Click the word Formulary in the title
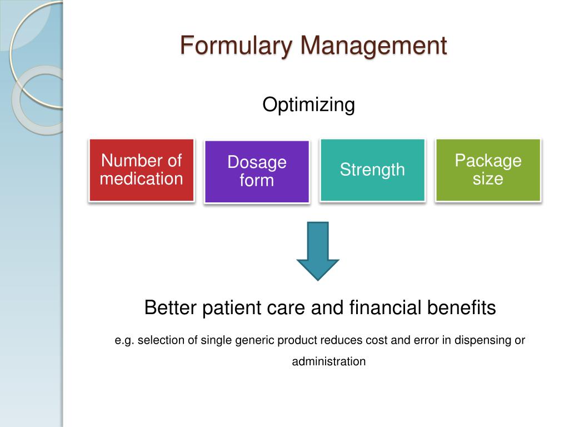point(236,46)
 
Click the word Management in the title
point(374,46)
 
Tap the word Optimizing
point(308,105)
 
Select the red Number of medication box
point(142,170)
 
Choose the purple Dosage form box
point(257,171)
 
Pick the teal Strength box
point(372,170)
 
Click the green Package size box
point(488,170)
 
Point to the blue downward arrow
point(318,251)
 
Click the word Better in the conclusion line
point(170,307)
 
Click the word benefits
point(461,307)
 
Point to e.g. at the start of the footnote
point(124,341)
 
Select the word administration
point(329,361)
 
